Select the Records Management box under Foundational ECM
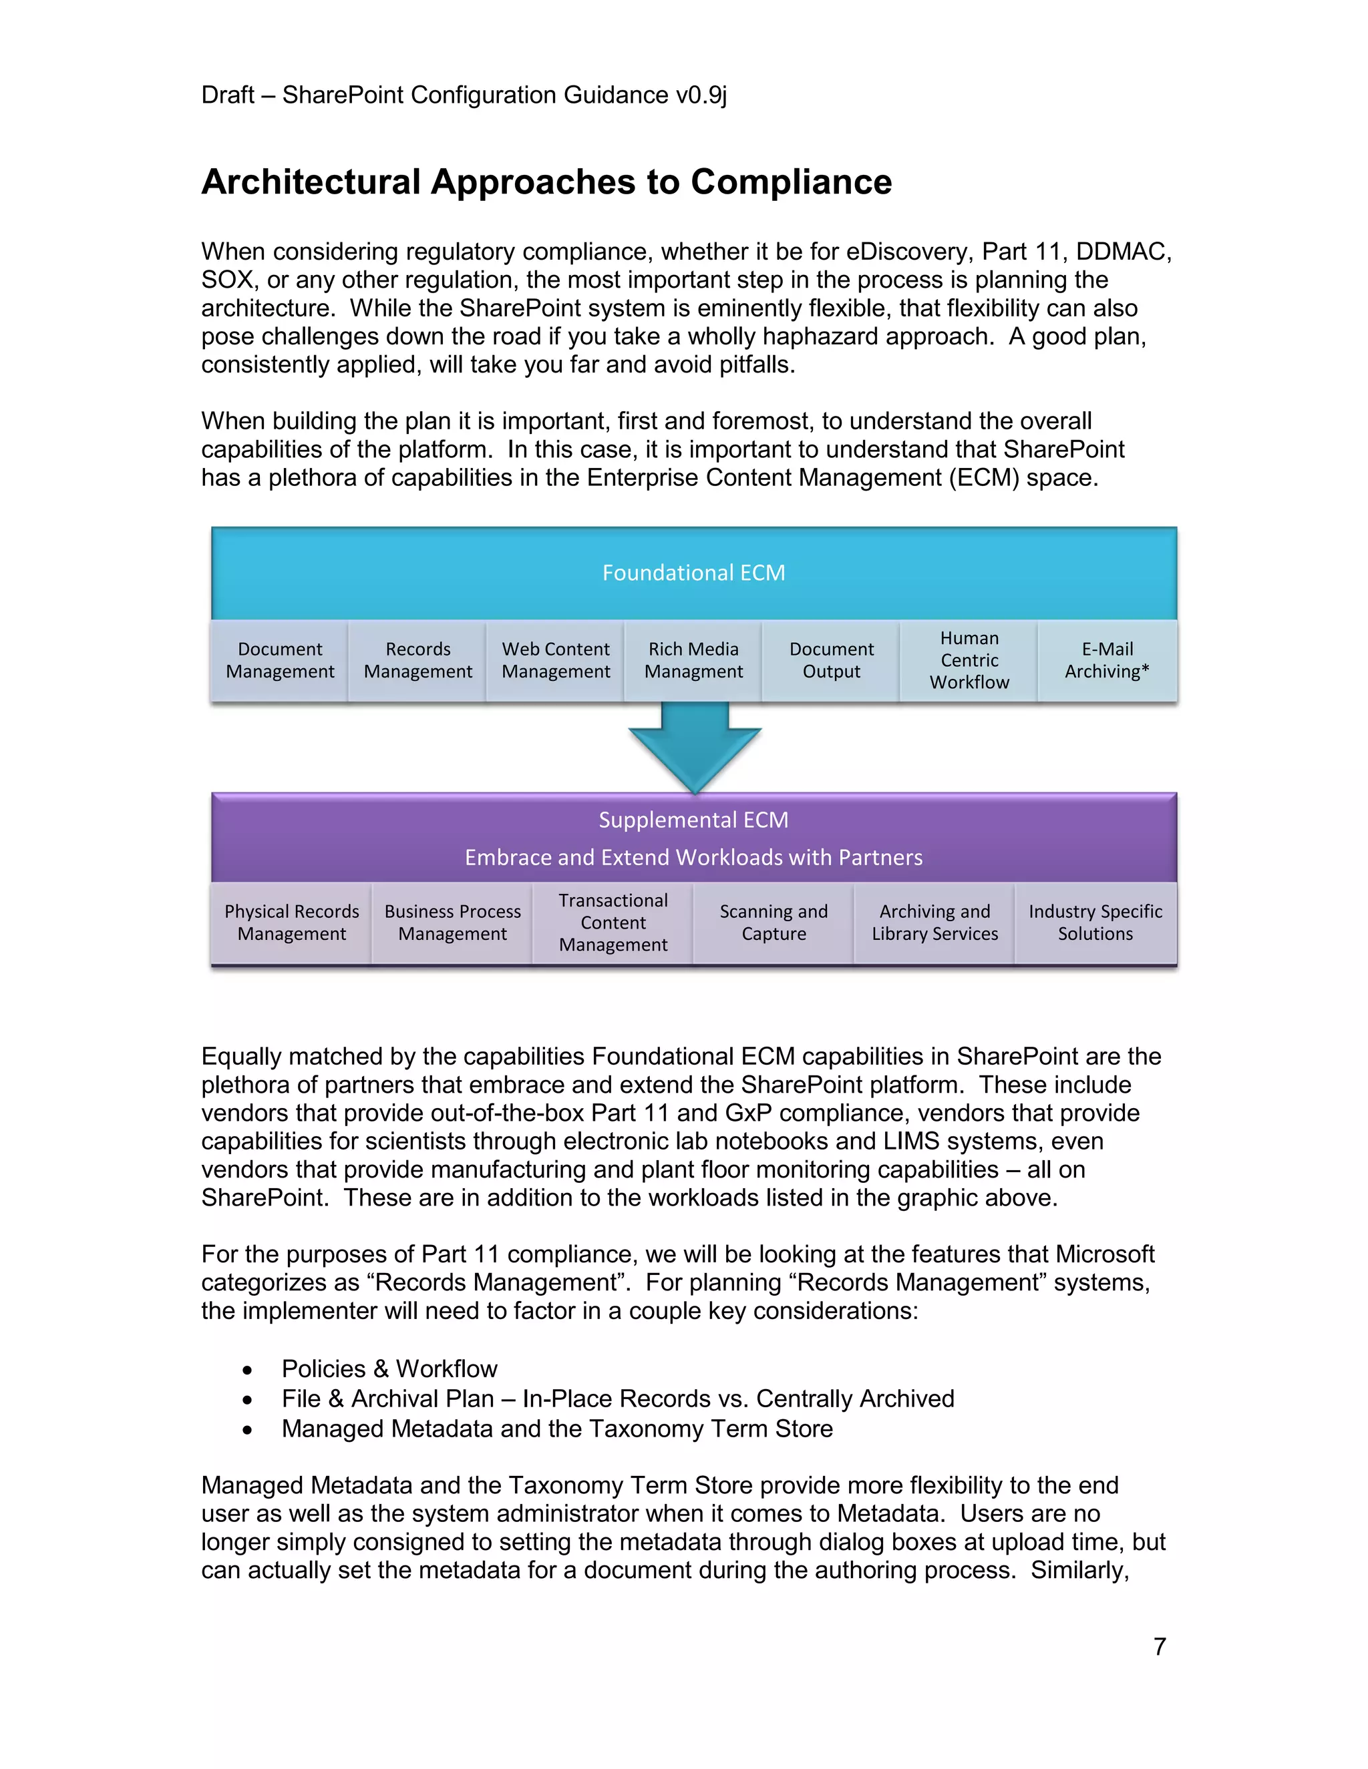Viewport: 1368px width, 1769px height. [417, 660]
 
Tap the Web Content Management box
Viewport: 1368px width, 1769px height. [555, 660]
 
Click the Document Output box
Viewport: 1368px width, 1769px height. [832, 660]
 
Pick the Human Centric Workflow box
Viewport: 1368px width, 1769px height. [969, 660]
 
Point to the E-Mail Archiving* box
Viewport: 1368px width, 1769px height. [1107, 660]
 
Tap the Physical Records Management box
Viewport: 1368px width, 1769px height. [292, 923]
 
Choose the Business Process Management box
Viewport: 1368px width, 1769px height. [452, 923]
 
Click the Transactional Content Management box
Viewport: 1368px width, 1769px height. [613, 923]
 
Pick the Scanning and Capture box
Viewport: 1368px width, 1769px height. [774, 923]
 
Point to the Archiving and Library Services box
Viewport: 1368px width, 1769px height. [934, 923]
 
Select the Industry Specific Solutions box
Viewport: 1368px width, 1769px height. [1095, 923]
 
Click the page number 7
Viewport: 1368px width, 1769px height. [1160, 1647]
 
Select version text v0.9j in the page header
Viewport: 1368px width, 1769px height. [701, 95]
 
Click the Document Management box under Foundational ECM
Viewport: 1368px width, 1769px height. [280, 660]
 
